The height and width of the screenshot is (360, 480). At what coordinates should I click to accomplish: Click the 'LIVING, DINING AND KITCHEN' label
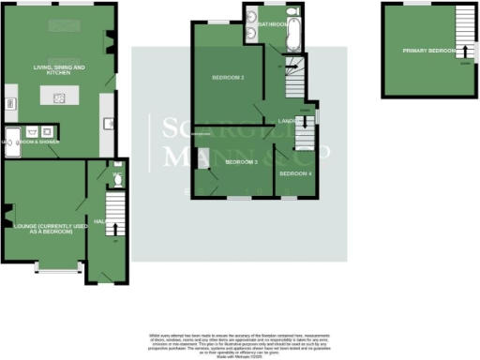tap(60, 69)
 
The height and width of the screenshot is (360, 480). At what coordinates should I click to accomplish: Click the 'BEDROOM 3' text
tap(241, 162)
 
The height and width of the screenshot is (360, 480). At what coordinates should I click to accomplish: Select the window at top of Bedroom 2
tap(217, 21)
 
